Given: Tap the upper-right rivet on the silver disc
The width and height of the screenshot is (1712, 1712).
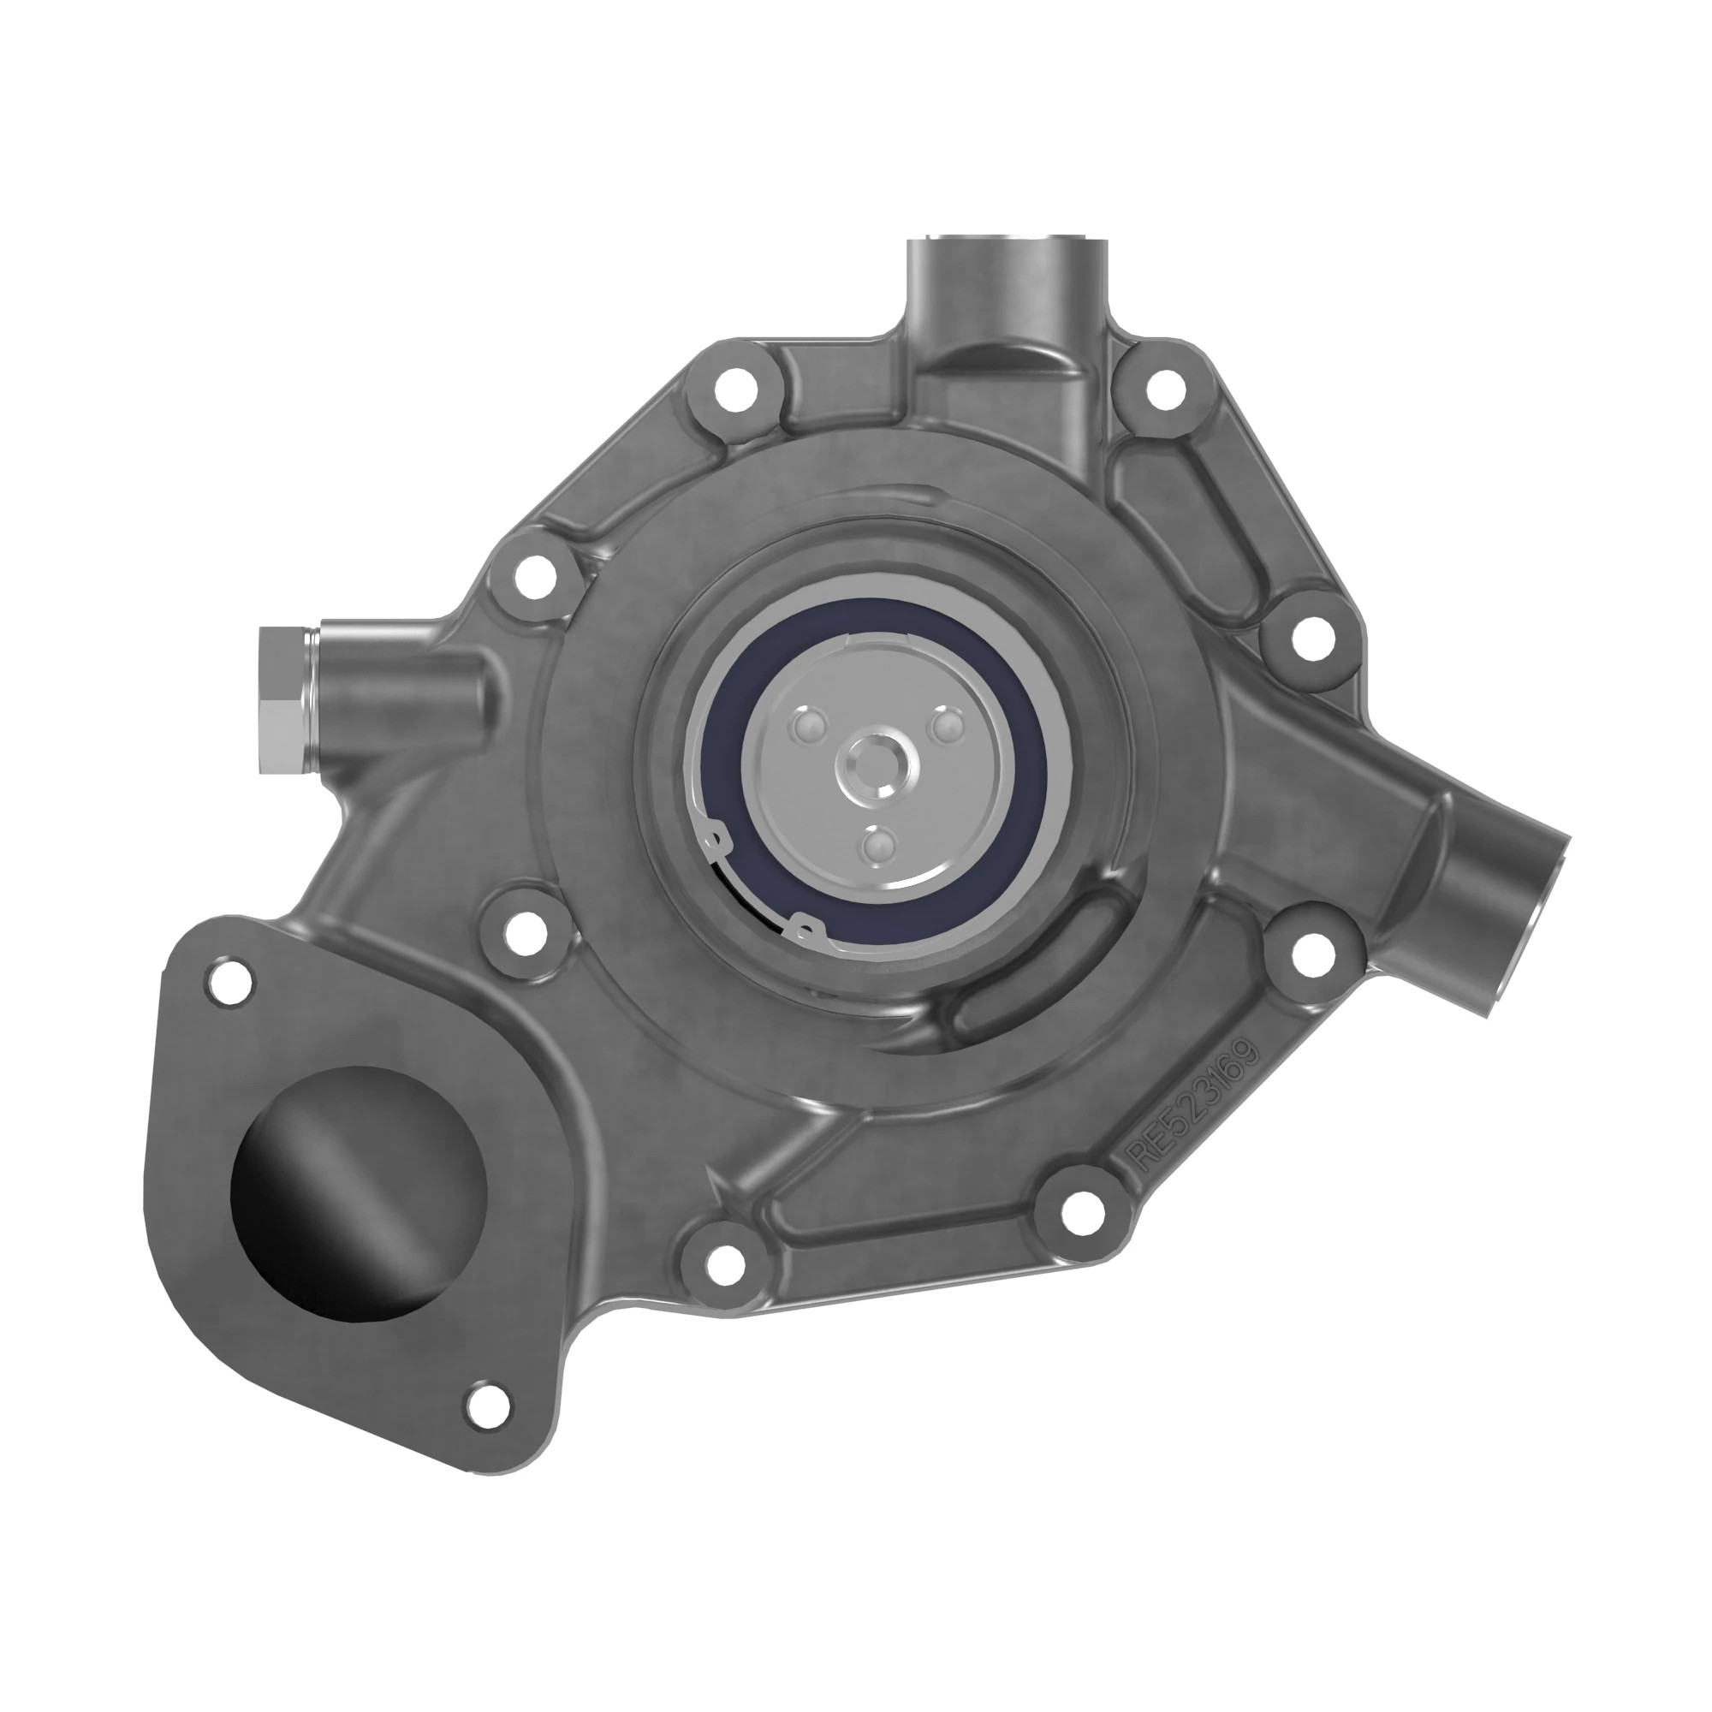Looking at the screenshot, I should (x=947, y=727).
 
